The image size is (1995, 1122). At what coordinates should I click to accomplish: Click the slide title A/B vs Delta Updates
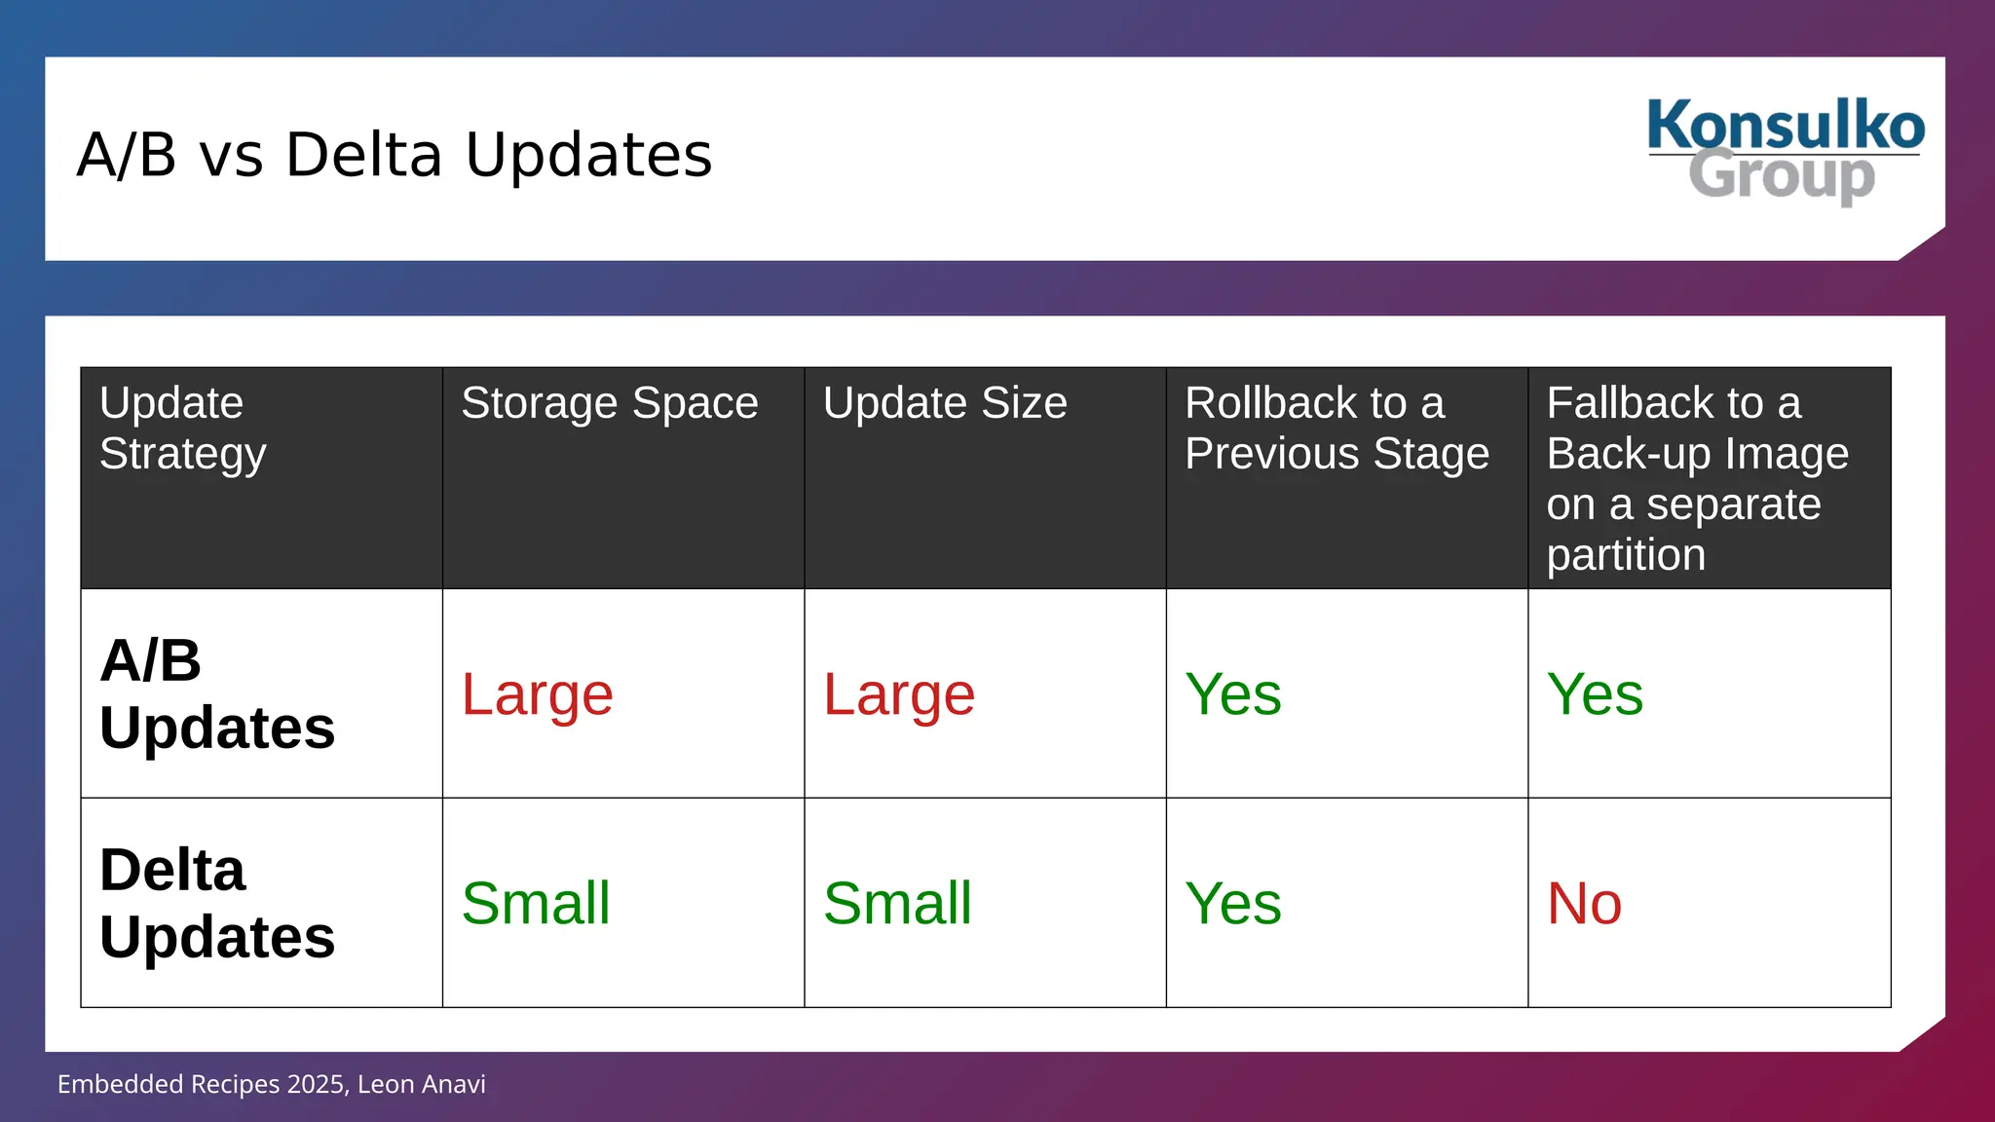click(395, 155)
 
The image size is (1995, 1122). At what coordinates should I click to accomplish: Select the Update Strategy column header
click(182, 429)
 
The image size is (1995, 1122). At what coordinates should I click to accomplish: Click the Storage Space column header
click(609, 403)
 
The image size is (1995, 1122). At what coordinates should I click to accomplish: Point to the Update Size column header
click(945, 403)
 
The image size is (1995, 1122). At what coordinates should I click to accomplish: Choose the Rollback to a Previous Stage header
click(1336, 429)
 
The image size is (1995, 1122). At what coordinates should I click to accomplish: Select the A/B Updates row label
click(216, 693)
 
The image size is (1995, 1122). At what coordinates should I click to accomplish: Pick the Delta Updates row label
click(216, 903)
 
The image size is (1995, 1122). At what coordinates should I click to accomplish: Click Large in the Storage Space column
click(537, 694)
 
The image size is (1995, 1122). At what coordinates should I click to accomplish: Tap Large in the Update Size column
click(898, 694)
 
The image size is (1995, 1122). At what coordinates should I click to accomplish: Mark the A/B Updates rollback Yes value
click(1232, 694)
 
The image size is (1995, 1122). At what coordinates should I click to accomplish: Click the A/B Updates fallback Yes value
click(1595, 694)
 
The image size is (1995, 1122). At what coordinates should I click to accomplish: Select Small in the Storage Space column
click(536, 903)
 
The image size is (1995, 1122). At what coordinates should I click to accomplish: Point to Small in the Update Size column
click(897, 903)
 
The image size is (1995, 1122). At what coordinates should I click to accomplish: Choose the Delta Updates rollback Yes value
click(1232, 903)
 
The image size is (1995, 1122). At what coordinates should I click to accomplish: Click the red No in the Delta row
click(1584, 903)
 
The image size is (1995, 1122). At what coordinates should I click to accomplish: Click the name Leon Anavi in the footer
click(422, 1084)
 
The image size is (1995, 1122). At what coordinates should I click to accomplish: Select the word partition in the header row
click(1626, 555)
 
